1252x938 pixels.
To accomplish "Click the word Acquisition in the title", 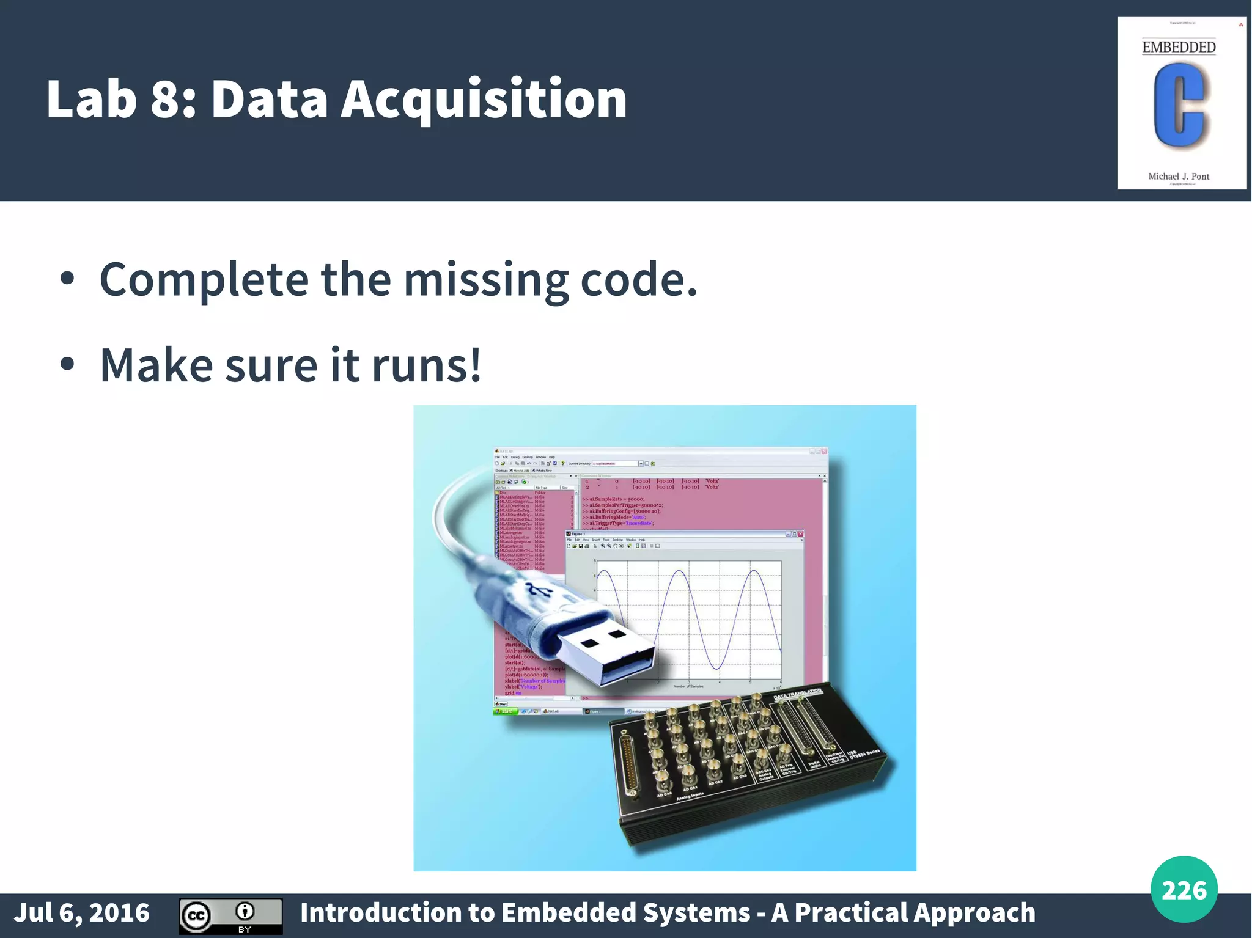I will pyautogui.click(x=484, y=99).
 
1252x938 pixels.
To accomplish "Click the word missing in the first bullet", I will pyautogui.click(x=486, y=279).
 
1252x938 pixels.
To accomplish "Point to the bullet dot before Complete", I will pyautogui.click(x=67, y=279).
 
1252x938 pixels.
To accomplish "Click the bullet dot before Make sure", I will pyautogui.click(x=67, y=365).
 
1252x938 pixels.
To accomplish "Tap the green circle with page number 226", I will pyautogui.click(x=1184, y=889).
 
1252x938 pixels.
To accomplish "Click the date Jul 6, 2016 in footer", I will pyautogui.click(x=82, y=912).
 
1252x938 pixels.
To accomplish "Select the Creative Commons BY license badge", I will pyautogui.click(x=230, y=915).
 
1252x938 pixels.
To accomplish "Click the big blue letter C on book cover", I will pyautogui.click(x=1179, y=105).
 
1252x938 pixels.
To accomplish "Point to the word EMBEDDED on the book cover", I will pyautogui.click(x=1179, y=47).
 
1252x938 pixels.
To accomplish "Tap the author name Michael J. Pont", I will pyautogui.click(x=1179, y=176).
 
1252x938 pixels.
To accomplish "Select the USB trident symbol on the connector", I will pyautogui.click(x=538, y=590).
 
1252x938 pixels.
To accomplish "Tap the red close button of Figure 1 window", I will pyautogui.click(x=800, y=534).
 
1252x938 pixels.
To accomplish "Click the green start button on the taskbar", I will pyautogui.click(x=505, y=711).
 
